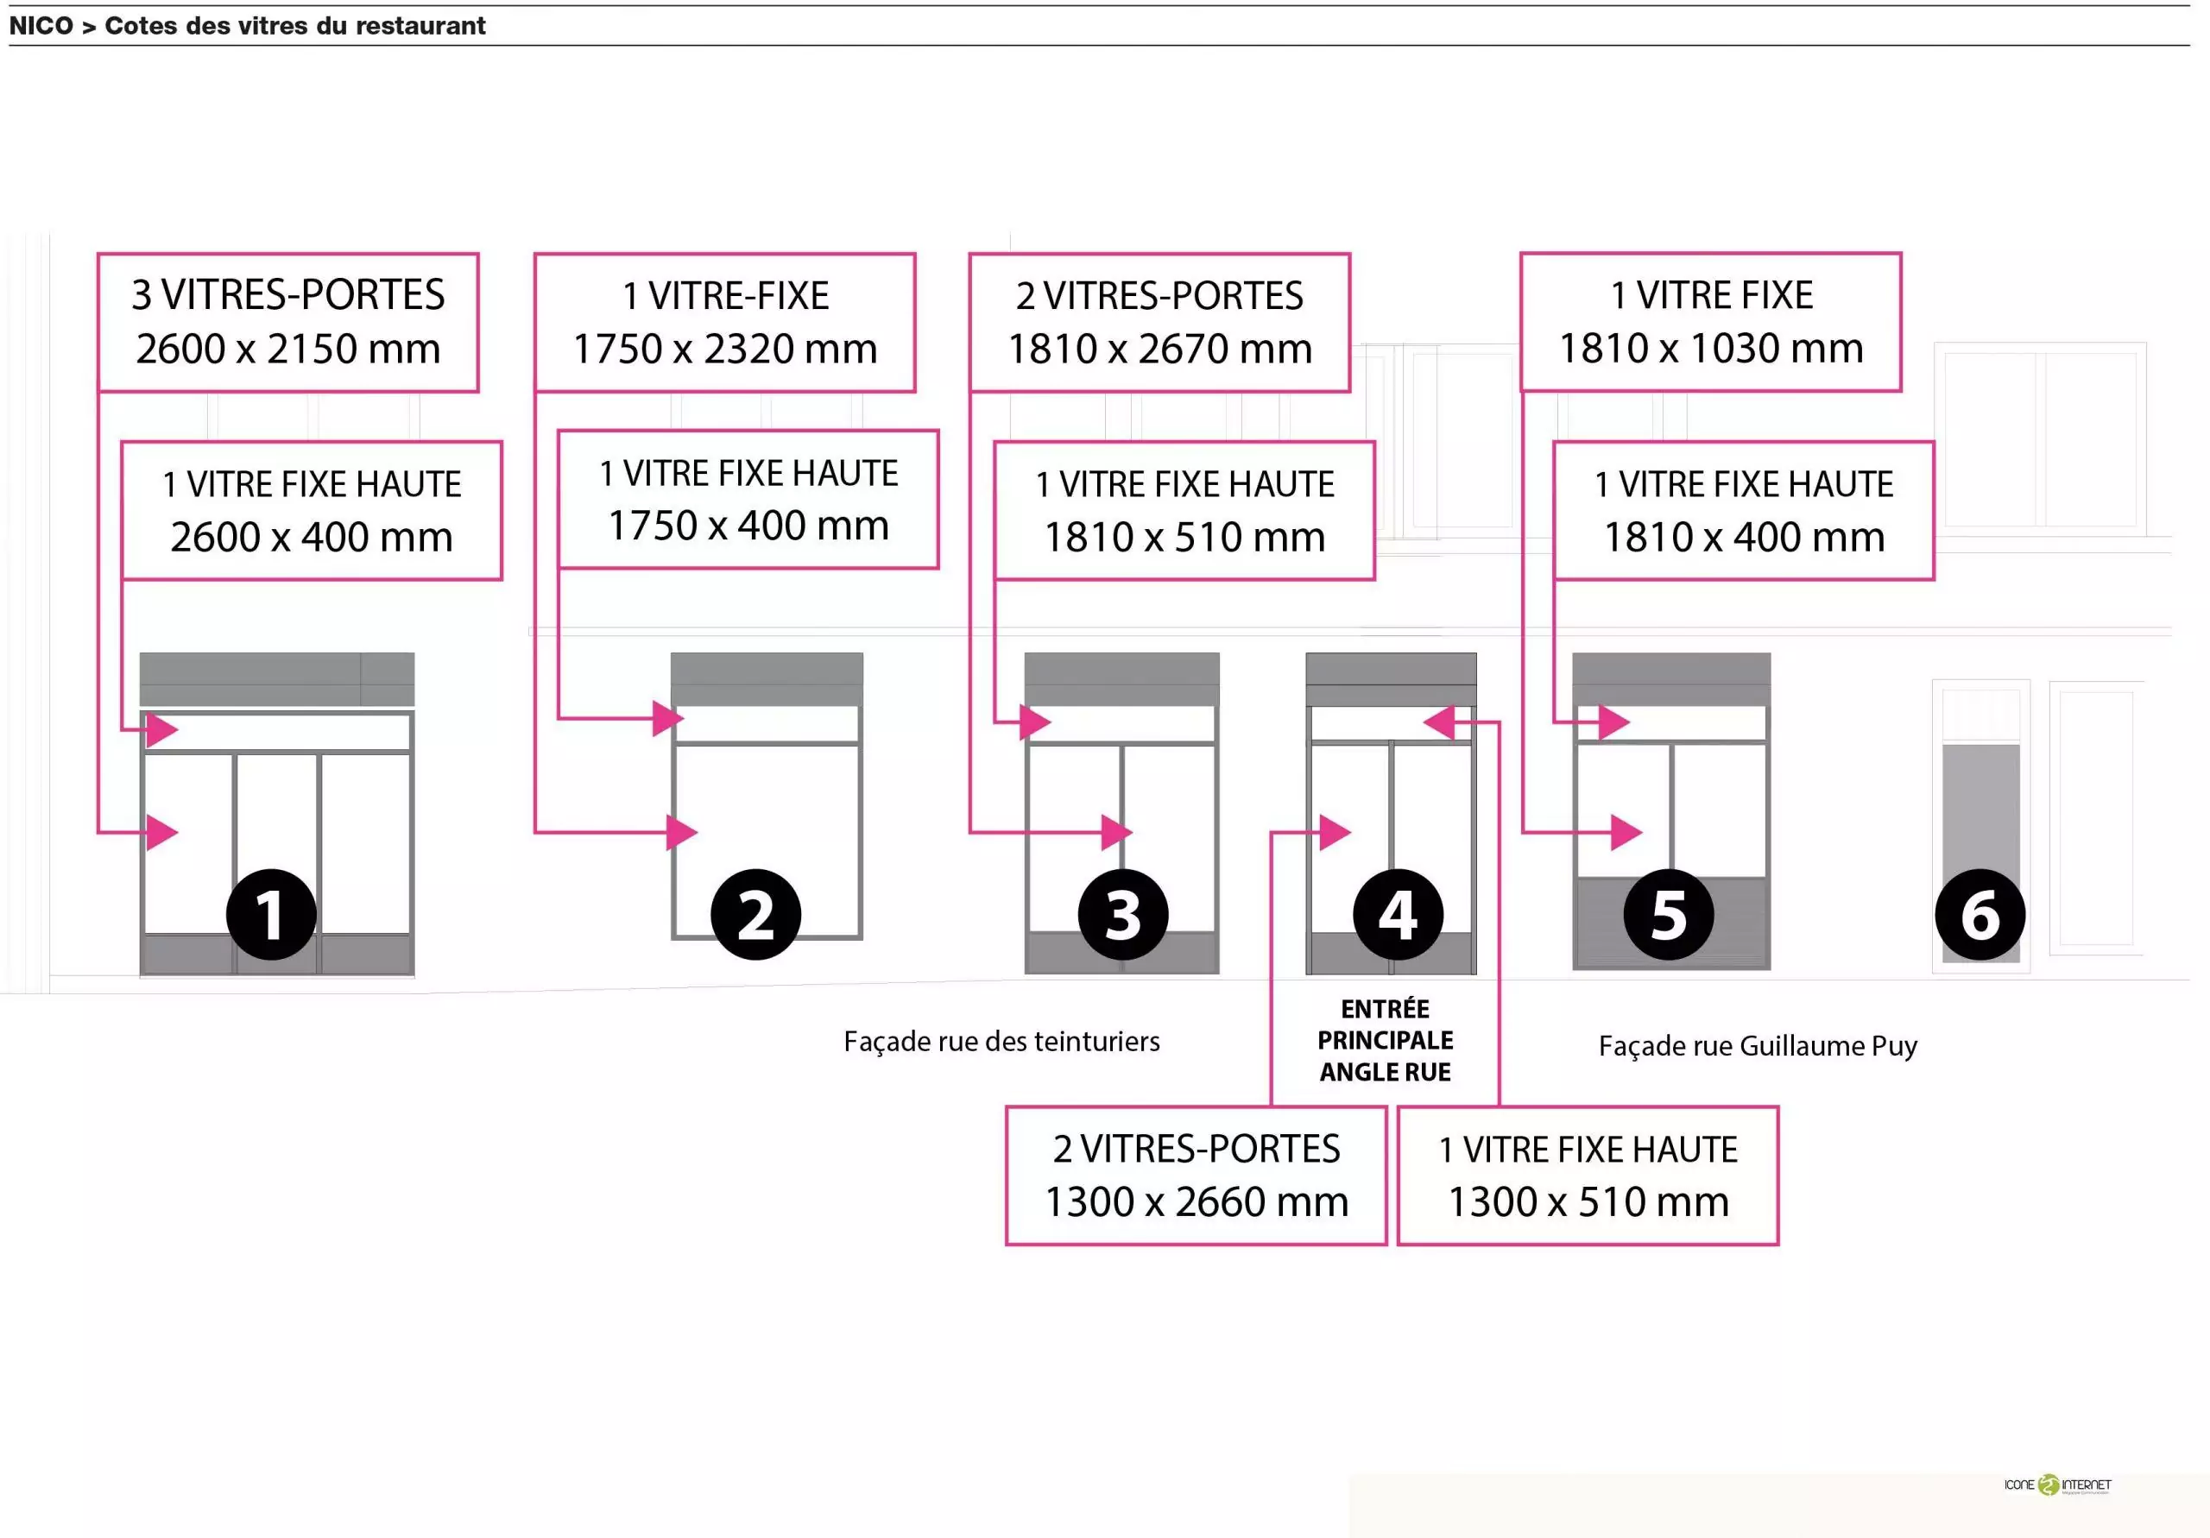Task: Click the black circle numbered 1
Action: tap(271, 914)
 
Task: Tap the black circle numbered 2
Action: tap(755, 914)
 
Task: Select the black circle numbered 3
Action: tap(1123, 914)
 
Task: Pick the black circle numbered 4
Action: tap(1398, 914)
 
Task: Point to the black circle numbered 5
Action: tap(1668, 914)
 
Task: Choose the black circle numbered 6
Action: tap(1980, 914)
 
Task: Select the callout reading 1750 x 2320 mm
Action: tap(725, 349)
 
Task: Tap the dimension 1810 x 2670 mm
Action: tap(1160, 349)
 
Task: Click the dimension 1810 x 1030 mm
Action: tap(1710, 349)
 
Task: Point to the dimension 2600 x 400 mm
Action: tap(311, 537)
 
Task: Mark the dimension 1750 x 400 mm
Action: tap(748, 526)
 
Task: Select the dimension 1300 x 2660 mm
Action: tap(1197, 1202)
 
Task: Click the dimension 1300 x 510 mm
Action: tap(1588, 1202)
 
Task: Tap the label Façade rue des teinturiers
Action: tap(1001, 1042)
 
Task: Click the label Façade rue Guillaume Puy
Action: tap(1758, 1046)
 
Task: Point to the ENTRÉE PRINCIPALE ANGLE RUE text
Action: tap(1385, 1040)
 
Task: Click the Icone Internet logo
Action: tap(2057, 1485)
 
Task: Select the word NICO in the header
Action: tap(41, 26)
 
